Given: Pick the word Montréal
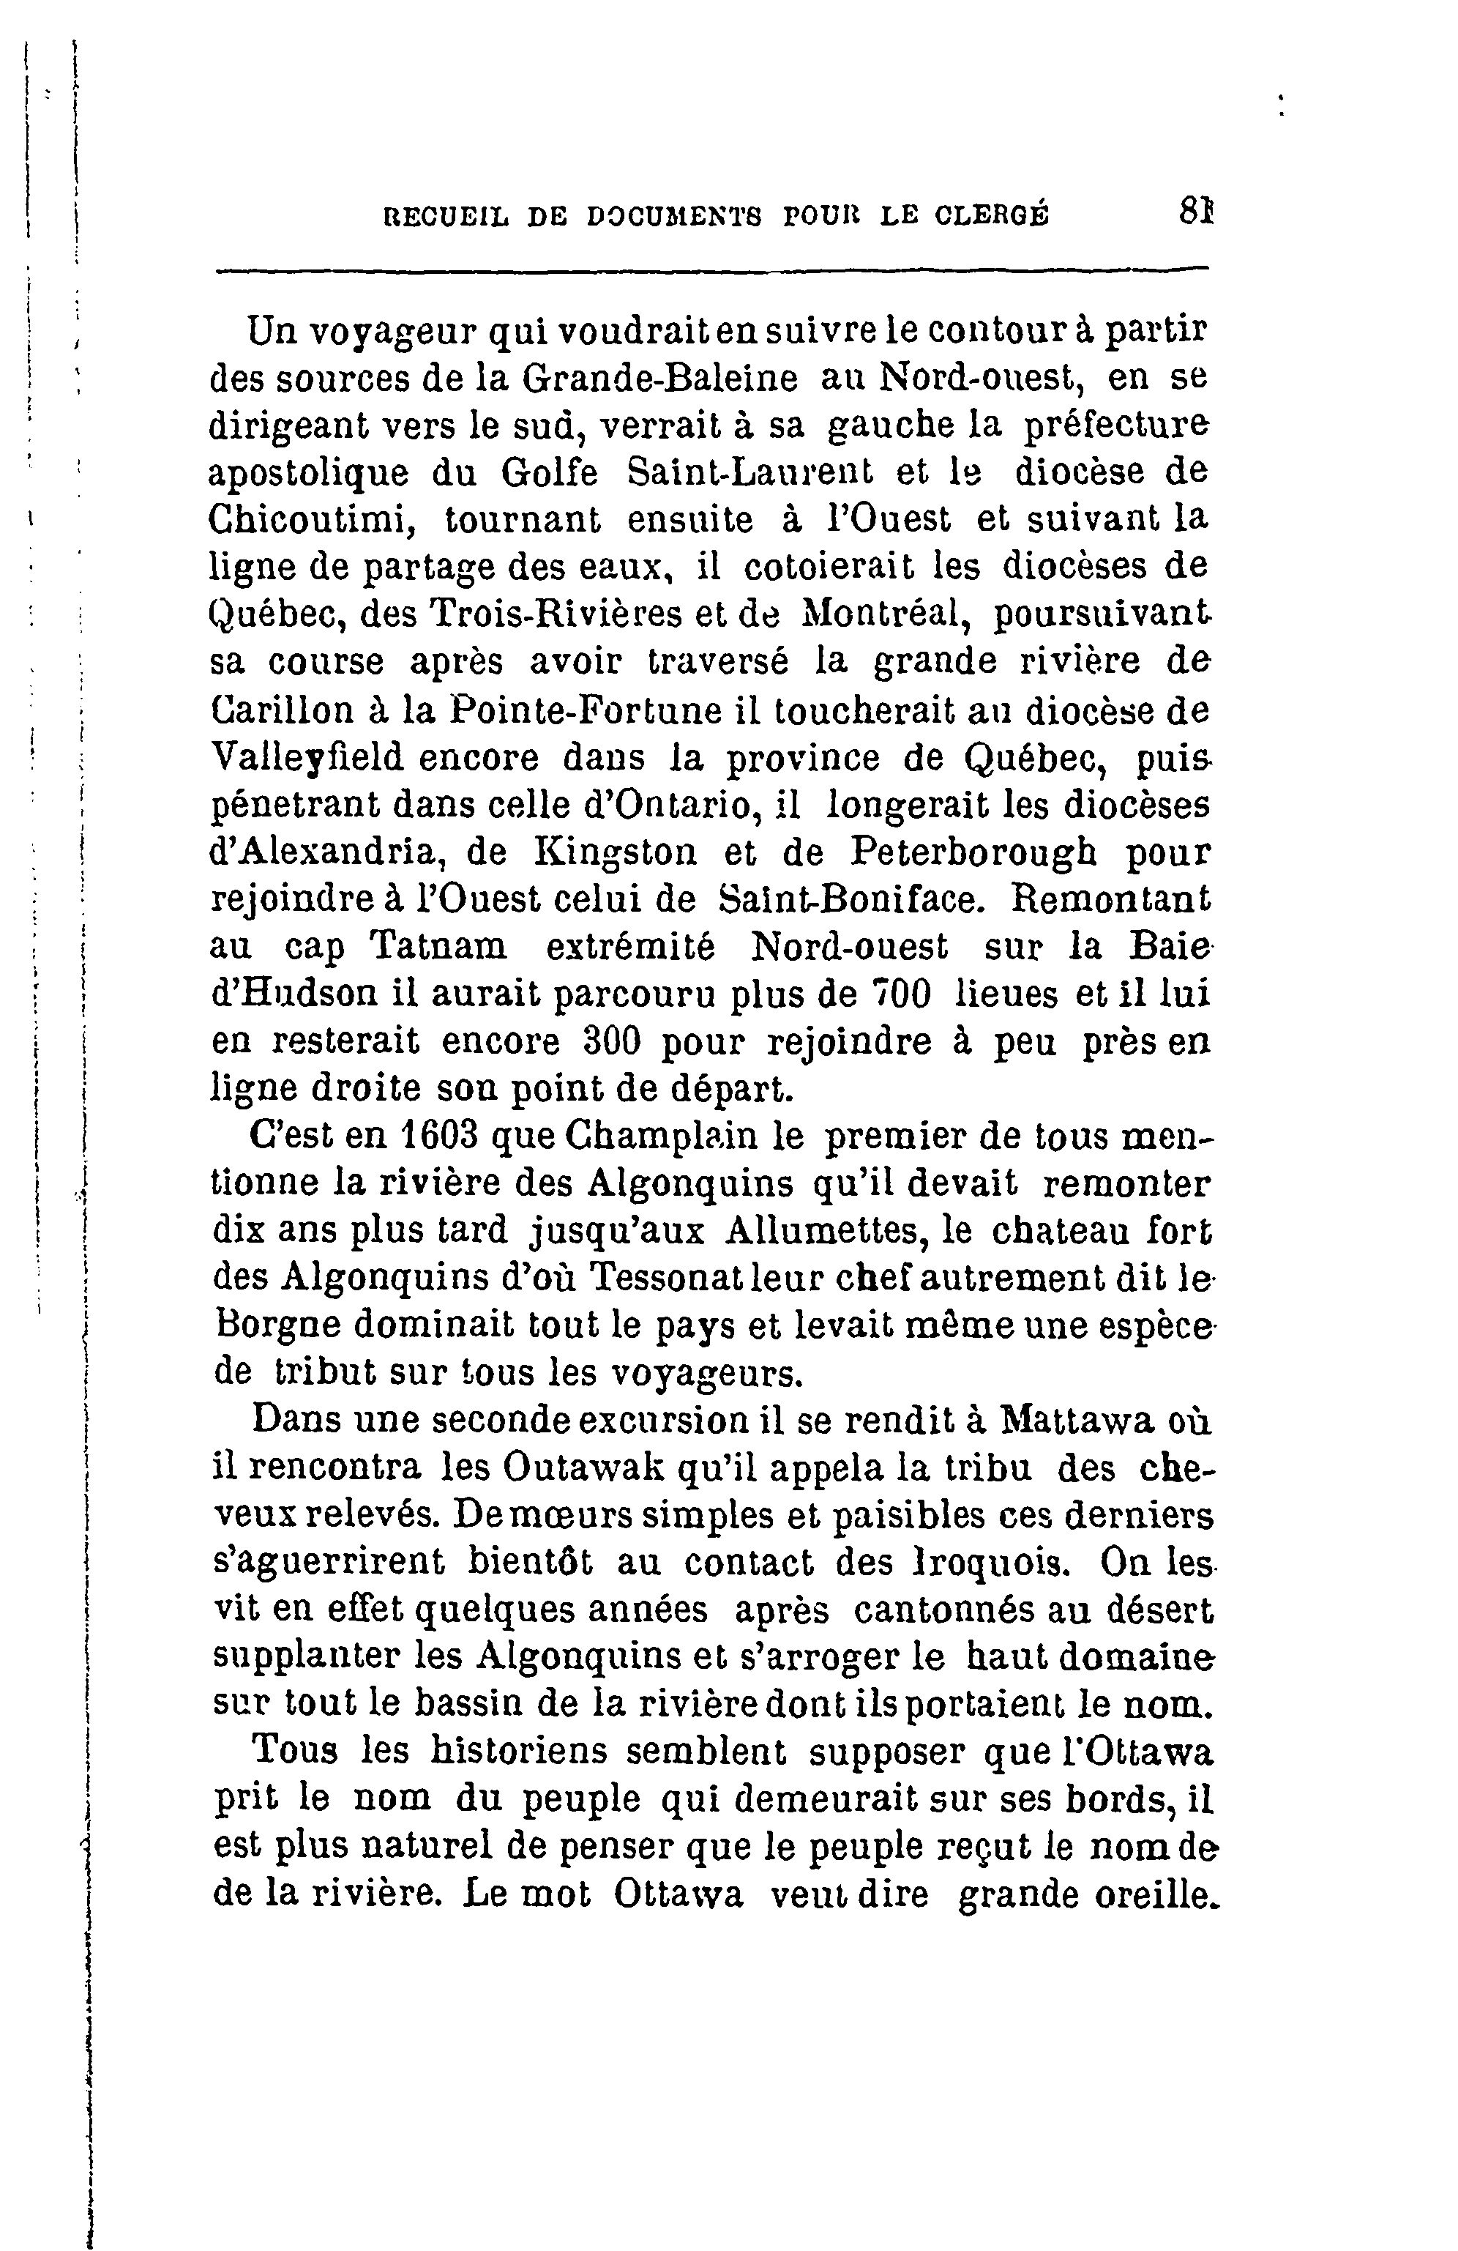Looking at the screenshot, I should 883,615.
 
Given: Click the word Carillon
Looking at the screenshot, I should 285,710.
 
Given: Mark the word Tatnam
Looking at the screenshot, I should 437,947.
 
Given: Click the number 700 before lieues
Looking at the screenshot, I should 901,994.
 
